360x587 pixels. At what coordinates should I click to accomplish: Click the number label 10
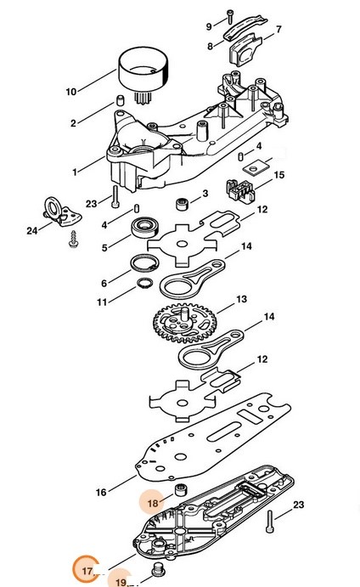71,92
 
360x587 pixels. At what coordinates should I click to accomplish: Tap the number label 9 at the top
209,26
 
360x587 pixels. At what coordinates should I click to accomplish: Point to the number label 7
278,29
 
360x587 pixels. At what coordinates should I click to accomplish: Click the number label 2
73,123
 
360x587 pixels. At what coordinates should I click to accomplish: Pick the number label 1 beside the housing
75,172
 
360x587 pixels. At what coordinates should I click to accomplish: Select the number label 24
31,230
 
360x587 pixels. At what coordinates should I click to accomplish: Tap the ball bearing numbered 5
145,227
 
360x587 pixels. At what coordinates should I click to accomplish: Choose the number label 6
104,284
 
